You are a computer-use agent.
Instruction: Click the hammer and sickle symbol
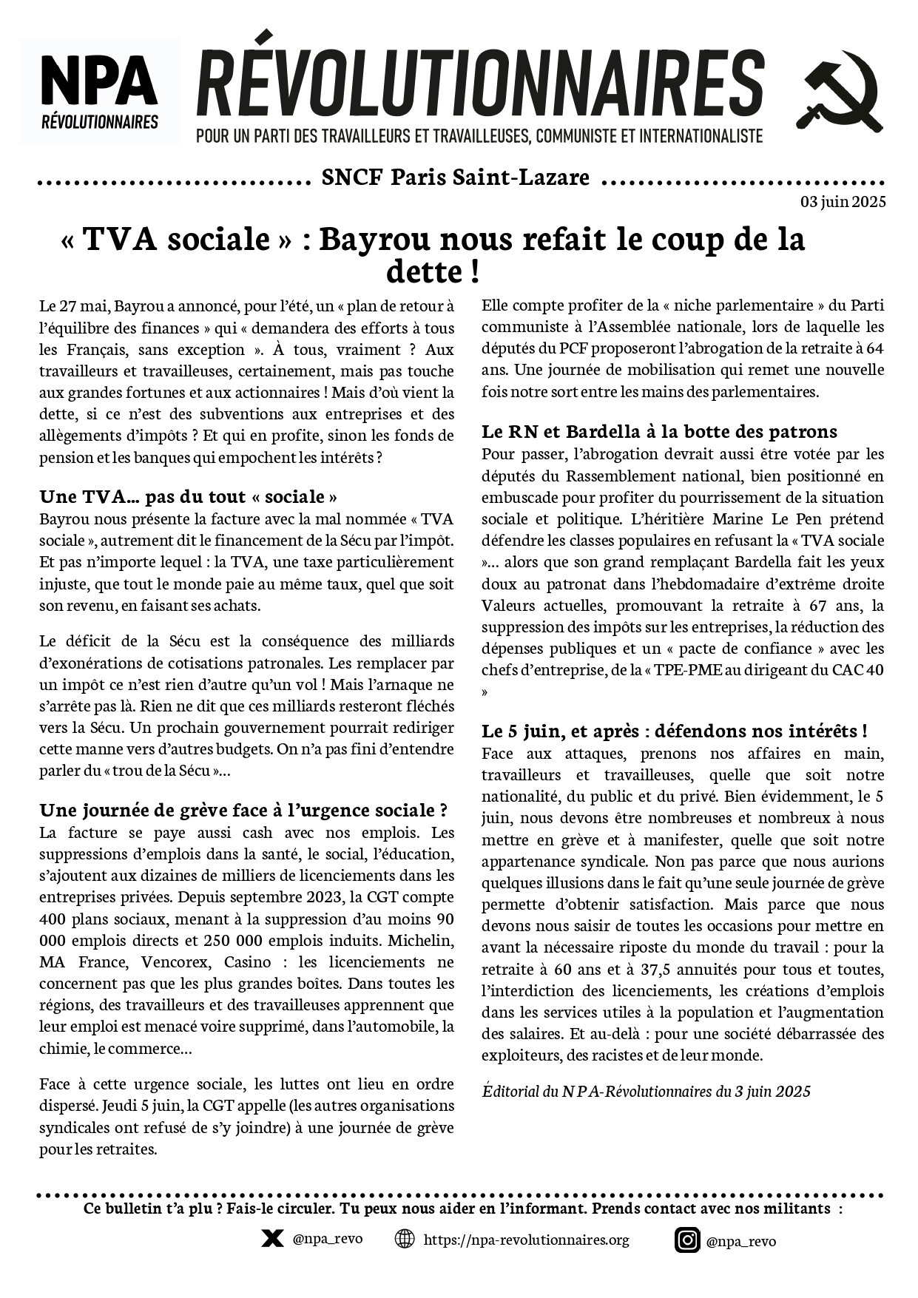point(839,90)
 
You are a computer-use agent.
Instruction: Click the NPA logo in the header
point(99,91)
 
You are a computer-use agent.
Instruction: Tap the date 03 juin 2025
point(843,202)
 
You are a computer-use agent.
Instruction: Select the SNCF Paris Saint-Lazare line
point(456,178)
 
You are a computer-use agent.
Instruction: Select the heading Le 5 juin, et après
point(674,731)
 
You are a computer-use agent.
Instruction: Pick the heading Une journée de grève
point(243,810)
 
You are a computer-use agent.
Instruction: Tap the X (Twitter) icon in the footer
point(272,1239)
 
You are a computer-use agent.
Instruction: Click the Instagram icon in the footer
point(686,1240)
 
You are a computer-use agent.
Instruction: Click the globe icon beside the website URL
point(405,1239)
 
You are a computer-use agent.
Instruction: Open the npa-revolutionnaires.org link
point(526,1240)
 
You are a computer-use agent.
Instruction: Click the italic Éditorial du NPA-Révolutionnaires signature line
point(646,1092)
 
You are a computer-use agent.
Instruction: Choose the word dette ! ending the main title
point(433,272)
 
